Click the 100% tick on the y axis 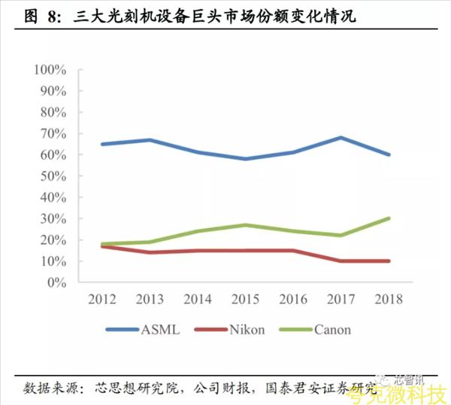[50, 70]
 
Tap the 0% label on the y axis [58, 283]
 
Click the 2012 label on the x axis [102, 299]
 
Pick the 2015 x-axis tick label [245, 299]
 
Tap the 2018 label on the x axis [388, 299]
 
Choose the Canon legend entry [331, 329]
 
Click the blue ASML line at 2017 [341, 138]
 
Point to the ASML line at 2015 [245, 159]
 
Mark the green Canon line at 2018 [388, 218]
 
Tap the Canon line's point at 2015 [245, 225]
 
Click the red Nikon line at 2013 [150, 252]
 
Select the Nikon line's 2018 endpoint [388, 261]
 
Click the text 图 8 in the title [37, 15]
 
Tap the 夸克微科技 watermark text [405, 392]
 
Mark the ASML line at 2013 [150, 140]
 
